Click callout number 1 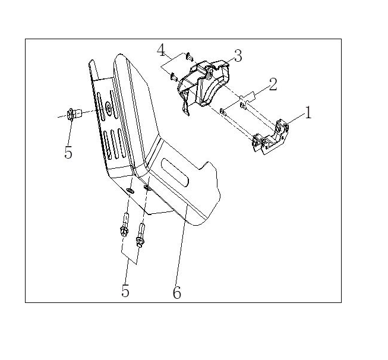coord(308,113)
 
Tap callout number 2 coord(273,84)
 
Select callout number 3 coord(238,56)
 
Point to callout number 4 coord(161,50)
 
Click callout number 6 coord(177,293)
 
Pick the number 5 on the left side coord(68,152)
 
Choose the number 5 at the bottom coord(125,290)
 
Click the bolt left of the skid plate coord(74,114)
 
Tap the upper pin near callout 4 coord(190,56)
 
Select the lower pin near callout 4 coord(174,77)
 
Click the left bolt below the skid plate coord(124,225)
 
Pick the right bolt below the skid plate coord(141,236)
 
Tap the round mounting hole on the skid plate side coord(108,108)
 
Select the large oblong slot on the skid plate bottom coord(175,172)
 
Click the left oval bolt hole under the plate coord(130,191)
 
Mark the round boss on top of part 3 coord(210,73)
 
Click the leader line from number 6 coord(181,246)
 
